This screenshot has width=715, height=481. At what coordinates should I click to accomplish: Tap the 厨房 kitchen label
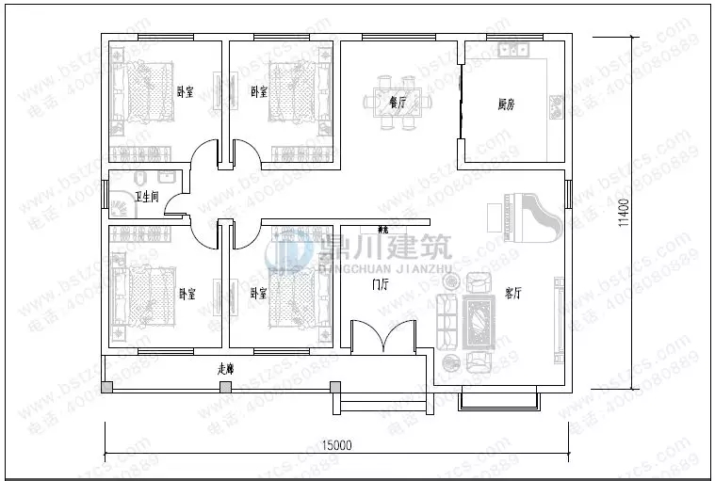pyautogui.click(x=506, y=104)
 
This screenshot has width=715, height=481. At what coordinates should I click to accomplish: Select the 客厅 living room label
pyautogui.click(x=512, y=294)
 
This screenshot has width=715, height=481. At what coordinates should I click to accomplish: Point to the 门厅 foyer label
pyautogui.click(x=381, y=282)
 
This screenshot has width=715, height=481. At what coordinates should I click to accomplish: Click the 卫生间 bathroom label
pyautogui.click(x=146, y=197)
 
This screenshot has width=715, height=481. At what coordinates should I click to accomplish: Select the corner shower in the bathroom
pyautogui.click(x=122, y=206)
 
